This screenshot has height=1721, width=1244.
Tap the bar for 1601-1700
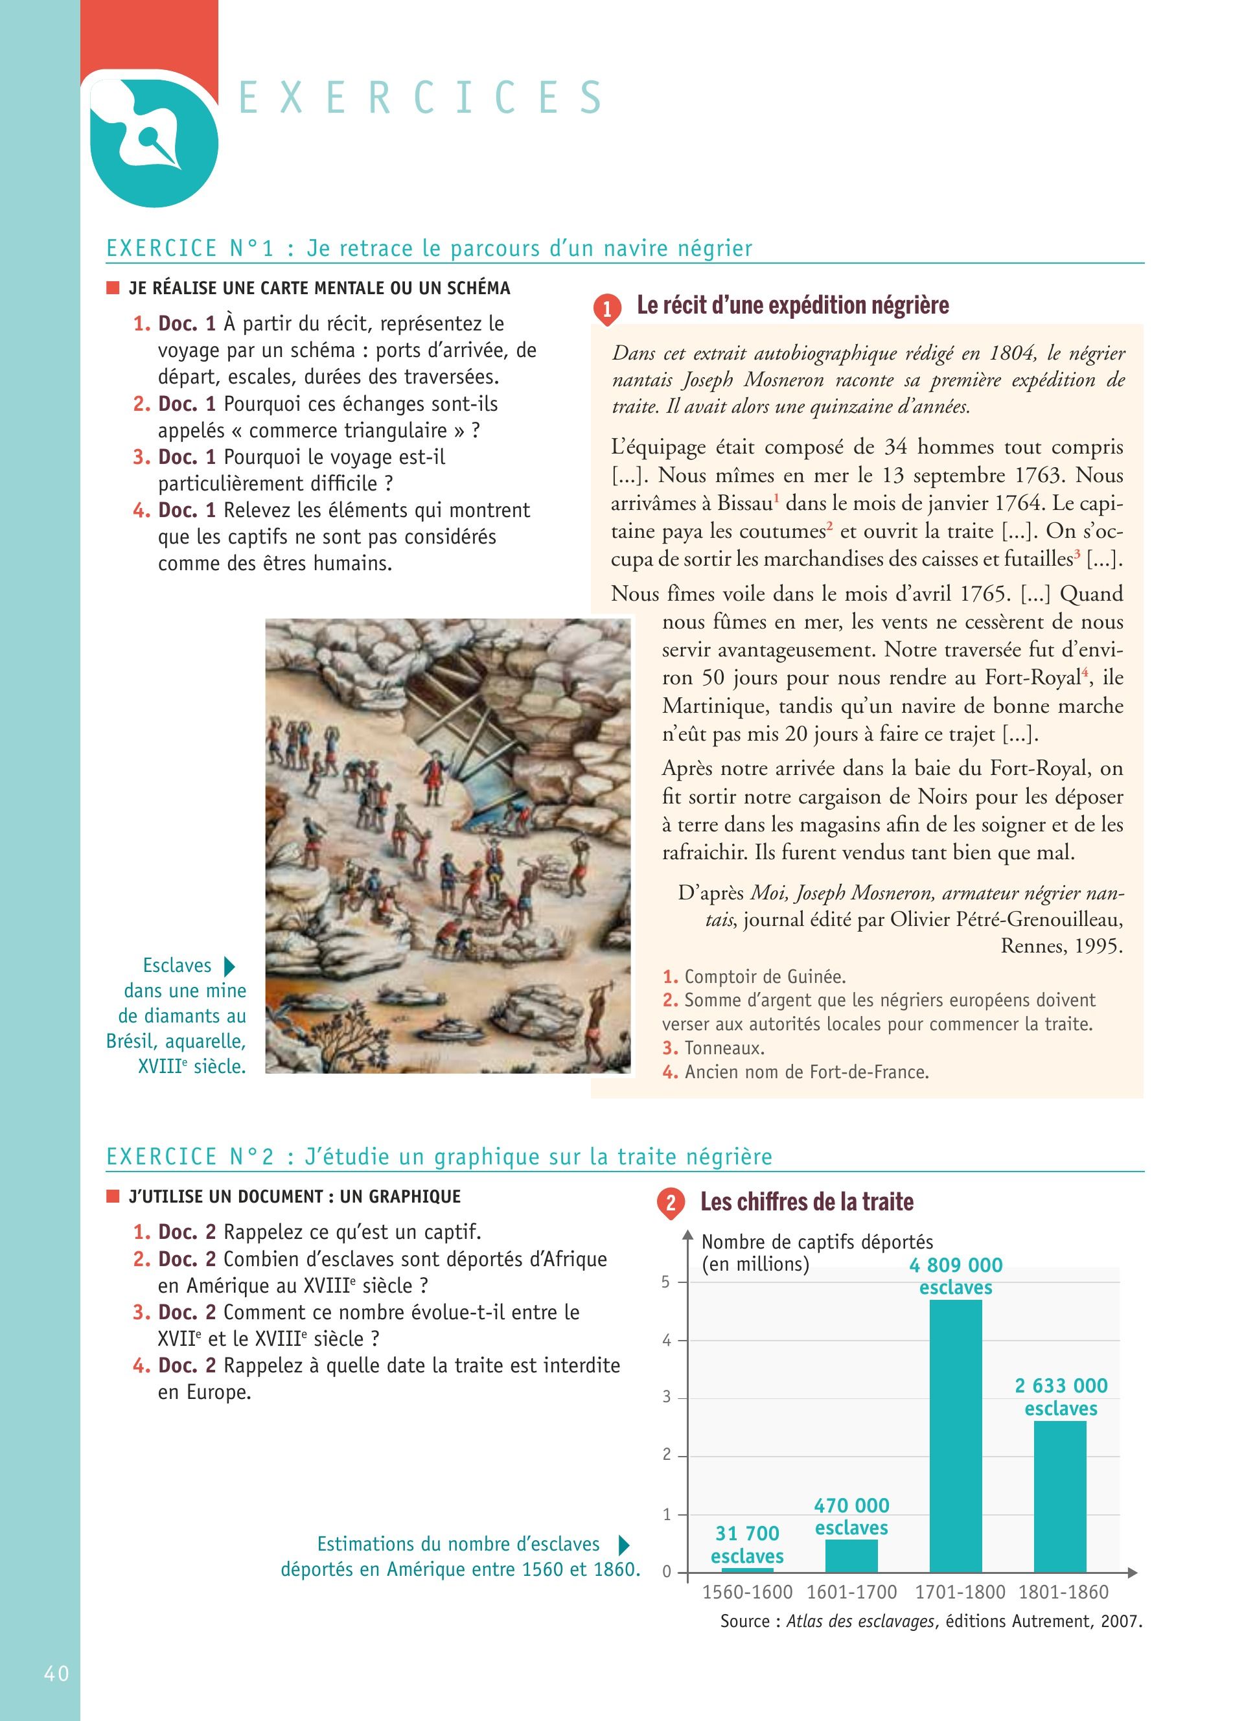[851, 1556]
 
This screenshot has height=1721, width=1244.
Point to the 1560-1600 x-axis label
[747, 1592]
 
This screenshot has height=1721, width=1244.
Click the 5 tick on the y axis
[666, 1282]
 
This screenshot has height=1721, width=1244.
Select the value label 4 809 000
[956, 1265]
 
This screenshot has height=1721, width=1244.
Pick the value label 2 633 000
[1061, 1385]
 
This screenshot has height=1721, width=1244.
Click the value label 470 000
[851, 1505]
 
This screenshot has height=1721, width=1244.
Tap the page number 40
[57, 1673]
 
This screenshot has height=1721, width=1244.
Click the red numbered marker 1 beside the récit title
[607, 309]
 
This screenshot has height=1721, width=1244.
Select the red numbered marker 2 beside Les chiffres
[671, 1203]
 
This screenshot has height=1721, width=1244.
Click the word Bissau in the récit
[745, 503]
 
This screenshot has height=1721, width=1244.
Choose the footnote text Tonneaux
[724, 1048]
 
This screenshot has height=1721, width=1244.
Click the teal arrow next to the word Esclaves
[230, 966]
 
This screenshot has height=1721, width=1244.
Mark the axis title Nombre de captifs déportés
[817, 1242]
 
